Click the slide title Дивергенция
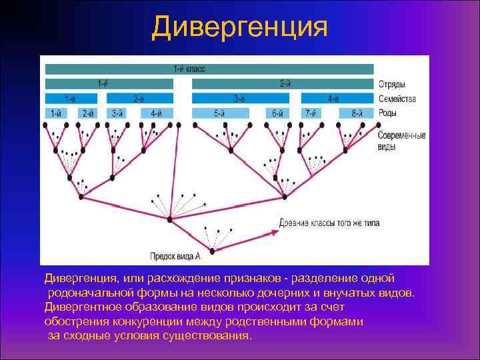tap(240, 27)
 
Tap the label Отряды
tap(393, 85)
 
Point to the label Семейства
tap(397, 99)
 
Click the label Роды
tap(388, 113)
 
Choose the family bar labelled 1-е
tap(70, 99)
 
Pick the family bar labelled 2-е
tap(139, 99)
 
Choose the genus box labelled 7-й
tap(311, 113)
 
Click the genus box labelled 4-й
tap(156, 113)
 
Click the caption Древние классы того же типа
tap(330, 223)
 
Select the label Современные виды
tap(401, 141)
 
